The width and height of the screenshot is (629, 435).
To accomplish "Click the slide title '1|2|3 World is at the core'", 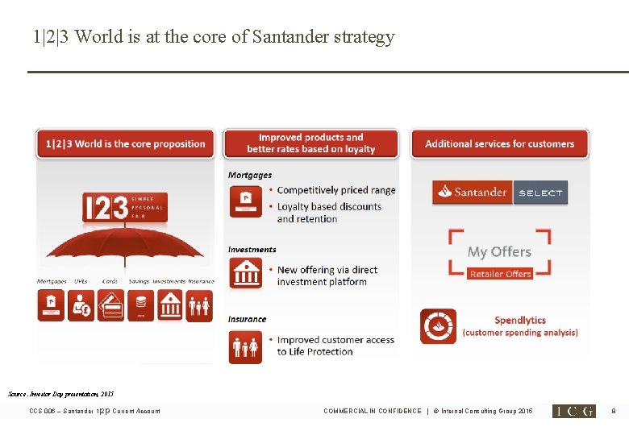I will tap(214, 37).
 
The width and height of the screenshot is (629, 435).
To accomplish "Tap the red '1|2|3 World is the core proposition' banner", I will tap(125, 144).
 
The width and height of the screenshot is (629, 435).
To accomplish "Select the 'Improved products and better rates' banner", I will tap(311, 143).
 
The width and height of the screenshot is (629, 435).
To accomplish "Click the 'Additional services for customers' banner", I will tap(499, 144).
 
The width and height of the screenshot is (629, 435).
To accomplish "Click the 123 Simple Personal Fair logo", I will tap(125, 208).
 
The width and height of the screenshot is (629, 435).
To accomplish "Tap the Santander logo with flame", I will tap(473, 193).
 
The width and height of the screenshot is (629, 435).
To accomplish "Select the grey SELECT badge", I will tap(540, 193).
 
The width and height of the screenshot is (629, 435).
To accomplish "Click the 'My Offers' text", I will tap(499, 252).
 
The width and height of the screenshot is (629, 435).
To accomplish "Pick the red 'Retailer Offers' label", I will tap(500, 274).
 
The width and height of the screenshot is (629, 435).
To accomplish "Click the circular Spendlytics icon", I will tap(438, 326).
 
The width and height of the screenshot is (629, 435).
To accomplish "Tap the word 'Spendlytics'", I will tap(520, 320).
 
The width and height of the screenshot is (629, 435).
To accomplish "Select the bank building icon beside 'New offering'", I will tap(246, 275).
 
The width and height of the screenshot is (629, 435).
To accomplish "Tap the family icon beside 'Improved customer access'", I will tap(246, 347).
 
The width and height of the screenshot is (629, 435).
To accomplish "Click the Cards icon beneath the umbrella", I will tap(111, 305).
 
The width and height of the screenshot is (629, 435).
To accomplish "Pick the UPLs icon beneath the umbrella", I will tap(81, 305).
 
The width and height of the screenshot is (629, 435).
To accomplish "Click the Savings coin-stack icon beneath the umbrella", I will tap(140, 305).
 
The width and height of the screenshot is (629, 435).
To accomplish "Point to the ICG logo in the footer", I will tap(573, 411).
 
